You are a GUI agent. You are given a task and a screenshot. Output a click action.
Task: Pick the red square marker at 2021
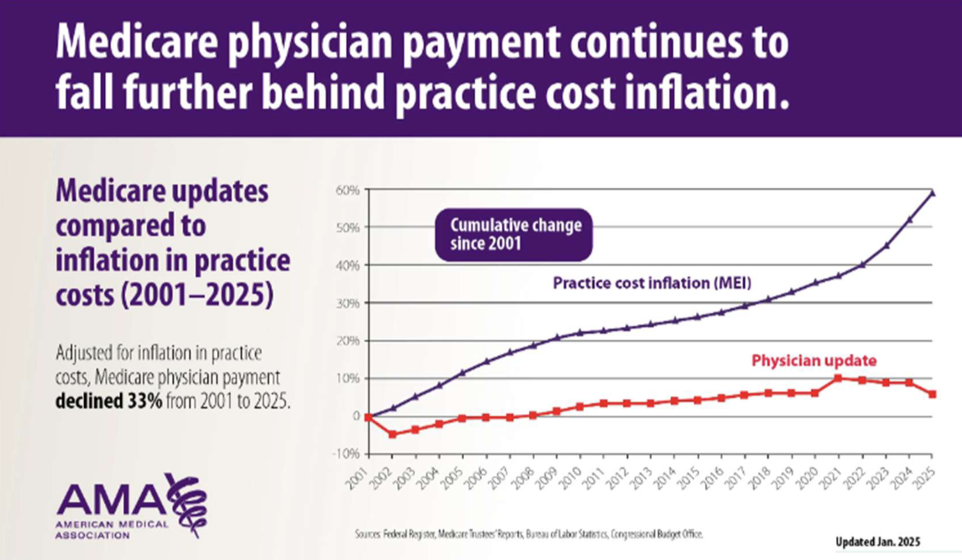[838, 378]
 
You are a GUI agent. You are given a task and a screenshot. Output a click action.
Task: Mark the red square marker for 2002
[393, 435]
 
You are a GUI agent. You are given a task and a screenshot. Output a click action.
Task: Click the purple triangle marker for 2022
[862, 265]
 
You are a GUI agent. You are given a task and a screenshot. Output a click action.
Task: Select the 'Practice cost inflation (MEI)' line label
[653, 283]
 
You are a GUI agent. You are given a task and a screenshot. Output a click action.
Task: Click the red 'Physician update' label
[813, 359]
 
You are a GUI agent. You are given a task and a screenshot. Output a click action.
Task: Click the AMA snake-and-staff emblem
[186, 504]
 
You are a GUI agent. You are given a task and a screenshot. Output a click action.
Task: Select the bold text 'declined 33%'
[108, 400]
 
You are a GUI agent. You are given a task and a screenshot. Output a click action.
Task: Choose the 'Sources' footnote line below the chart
[529, 534]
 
